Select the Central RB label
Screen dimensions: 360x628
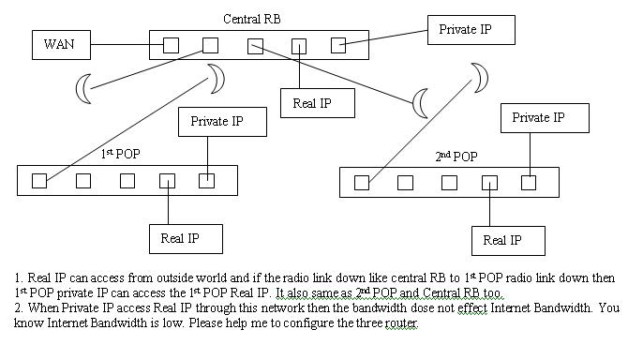tap(252, 19)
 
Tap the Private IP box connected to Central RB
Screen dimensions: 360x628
tap(471, 30)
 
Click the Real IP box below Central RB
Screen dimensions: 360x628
tap(318, 102)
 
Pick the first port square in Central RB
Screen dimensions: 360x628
tap(171, 45)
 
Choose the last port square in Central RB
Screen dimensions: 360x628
tap(338, 45)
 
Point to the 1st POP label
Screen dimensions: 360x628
tap(120, 154)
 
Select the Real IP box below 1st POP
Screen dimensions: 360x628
tap(187, 238)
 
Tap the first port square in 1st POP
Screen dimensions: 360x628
tap(39, 181)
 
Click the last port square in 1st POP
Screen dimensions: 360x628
tap(206, 181)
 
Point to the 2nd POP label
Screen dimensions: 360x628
tap(456, 156)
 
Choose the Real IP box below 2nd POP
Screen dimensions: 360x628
tap(508, 240)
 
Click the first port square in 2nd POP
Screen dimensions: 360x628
tap(362, 183)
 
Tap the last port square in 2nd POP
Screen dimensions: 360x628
tap(529, 183)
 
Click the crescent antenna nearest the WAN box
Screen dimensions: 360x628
tap(85, 89)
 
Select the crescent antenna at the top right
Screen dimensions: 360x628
tap(480, 75)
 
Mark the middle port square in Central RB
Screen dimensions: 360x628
tap(255, 45)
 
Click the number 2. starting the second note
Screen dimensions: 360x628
tap(18, 307)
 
